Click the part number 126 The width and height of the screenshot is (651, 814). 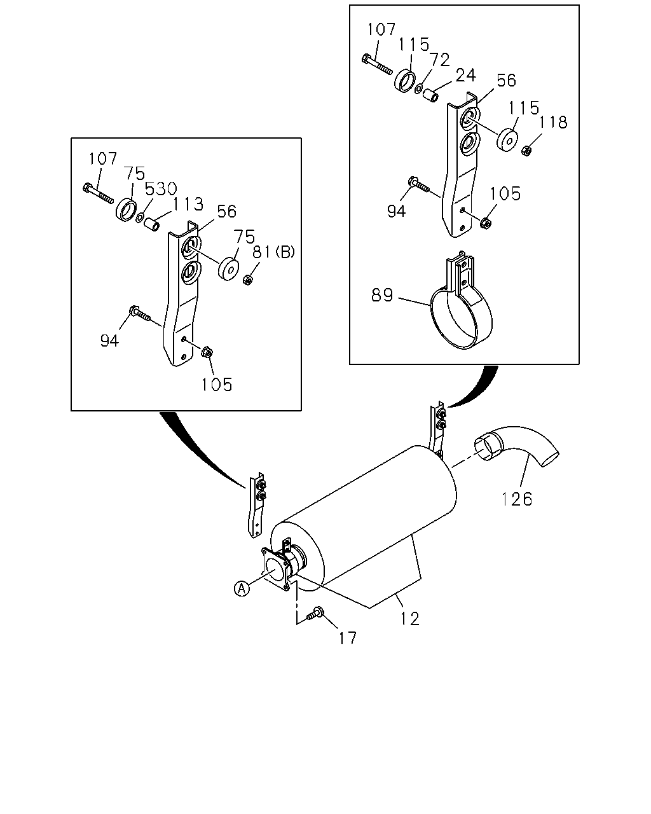(517, 499)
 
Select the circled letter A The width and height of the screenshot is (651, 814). (242, 589)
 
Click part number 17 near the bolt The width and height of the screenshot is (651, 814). (348, 638)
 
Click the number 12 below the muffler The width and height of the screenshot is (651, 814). (409, 619)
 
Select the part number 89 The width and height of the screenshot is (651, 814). (382, 295)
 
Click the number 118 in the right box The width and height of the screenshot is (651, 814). (553, 122)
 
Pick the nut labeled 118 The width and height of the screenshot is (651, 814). (526, 151)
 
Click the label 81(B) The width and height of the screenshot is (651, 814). (273, 252)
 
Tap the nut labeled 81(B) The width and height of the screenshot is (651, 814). (247, 280)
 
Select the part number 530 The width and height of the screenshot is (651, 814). (161, 188)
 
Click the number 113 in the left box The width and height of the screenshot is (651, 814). (188, 204)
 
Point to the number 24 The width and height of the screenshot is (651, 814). (465, 75)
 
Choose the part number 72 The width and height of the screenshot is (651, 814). (439, 60)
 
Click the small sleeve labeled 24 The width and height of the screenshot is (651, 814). (431, 95)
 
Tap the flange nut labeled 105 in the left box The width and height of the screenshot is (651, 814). (207, 352)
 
